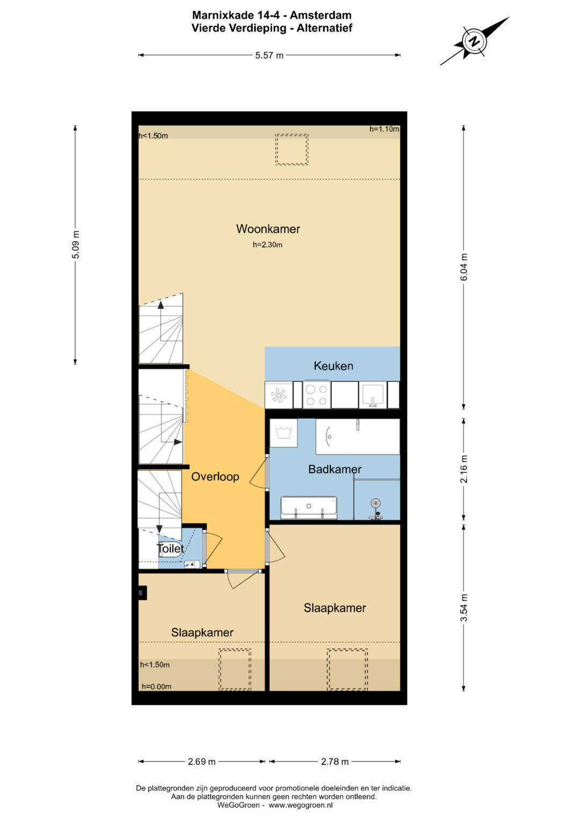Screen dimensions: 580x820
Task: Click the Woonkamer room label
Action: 268,229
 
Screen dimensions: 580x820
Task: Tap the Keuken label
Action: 333,366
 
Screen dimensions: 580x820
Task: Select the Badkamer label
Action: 335,469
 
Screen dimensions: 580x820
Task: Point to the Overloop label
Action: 215,477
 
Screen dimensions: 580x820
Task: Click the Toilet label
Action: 170,548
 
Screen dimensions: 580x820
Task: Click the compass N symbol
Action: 475,41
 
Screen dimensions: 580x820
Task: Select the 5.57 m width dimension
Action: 269,56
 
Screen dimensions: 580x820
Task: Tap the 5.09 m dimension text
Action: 75,244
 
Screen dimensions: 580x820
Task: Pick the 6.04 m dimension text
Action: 464,267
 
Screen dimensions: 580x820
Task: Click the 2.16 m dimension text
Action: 464,469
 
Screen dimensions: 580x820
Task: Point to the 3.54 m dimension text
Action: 464,608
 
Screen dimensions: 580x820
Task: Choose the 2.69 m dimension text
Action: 201,762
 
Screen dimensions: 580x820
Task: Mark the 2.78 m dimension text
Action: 335,762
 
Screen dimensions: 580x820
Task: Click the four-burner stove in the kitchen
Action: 317,395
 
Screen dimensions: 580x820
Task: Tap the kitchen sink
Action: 372,395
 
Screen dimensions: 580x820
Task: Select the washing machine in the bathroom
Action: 284,433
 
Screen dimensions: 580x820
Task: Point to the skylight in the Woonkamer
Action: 292,150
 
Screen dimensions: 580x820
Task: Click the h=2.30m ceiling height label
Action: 267,245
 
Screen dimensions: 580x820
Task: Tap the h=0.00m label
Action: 156,687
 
